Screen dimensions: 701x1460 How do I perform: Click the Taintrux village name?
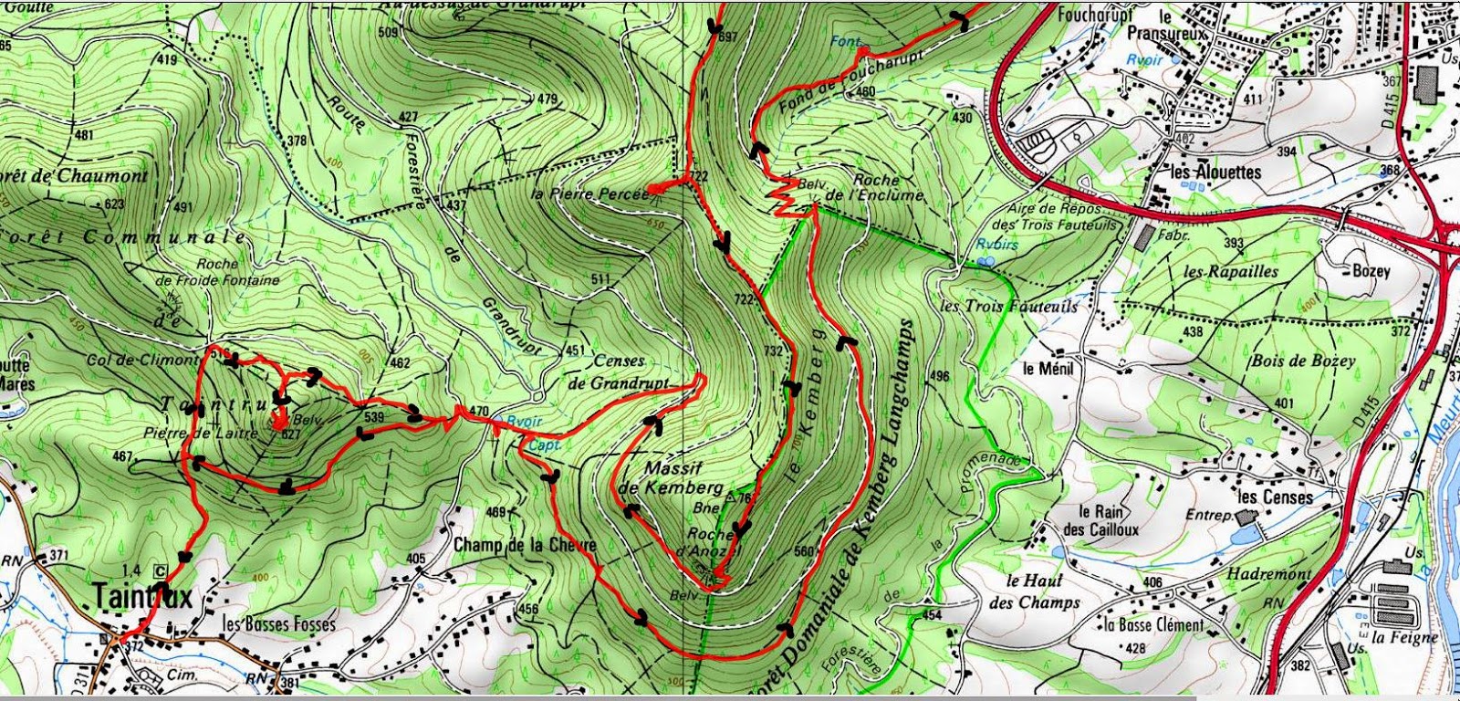tap(142, 597)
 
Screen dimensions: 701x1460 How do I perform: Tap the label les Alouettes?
tap(1215, 172)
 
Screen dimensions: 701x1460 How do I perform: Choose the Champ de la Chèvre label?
tap(524, 545)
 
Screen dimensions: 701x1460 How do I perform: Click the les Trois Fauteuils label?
tap(1009, 306)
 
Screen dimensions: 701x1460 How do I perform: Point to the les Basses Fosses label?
tap(279, 624)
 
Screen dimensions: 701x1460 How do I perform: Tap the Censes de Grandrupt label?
tap(619, 372)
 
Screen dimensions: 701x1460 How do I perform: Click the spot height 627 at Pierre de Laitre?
tap(290, 434)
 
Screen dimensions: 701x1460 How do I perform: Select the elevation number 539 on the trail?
tap(372, 417)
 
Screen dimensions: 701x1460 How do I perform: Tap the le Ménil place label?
tap(1048, 369)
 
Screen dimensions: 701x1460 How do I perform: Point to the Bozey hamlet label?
tap(1371, 271)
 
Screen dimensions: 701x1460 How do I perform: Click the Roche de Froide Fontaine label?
tap(217, 272)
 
